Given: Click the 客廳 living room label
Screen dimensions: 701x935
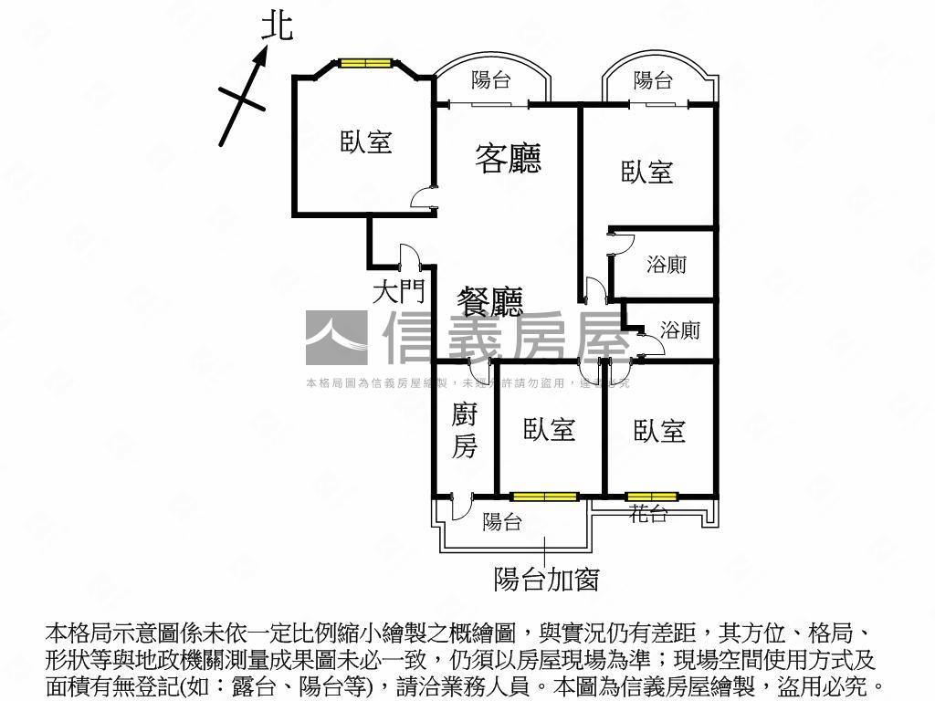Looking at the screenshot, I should click(509, 158).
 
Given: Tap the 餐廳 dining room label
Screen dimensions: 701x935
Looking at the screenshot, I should click(490, 301).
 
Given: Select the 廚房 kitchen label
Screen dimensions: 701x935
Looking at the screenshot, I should click(465, 431).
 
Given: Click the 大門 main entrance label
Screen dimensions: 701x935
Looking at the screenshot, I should click(399, 292).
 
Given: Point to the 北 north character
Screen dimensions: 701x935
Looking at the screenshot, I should click(278, 26).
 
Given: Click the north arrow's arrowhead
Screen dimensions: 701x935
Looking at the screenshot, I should click(261, 55).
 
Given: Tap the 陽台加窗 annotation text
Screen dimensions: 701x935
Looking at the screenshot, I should click(546, 579).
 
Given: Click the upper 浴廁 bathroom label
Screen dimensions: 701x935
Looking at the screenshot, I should click(667, 265).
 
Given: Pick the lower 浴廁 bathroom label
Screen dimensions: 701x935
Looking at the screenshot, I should click(679, 330).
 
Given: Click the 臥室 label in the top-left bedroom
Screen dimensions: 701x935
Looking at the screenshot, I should click(366, 141).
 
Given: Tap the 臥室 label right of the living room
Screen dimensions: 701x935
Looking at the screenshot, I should click(647, 172).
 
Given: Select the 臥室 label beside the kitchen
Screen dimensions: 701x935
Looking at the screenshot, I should click(550, 430).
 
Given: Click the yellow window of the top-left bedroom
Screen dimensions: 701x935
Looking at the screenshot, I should click(365, 63).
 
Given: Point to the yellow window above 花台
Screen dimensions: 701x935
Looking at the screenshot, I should click(652, 497).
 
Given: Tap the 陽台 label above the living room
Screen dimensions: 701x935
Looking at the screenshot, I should click(490, 80).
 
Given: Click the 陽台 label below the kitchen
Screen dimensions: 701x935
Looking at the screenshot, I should click(502, 522).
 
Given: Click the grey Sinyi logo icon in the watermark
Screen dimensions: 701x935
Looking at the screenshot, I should click(336, 339).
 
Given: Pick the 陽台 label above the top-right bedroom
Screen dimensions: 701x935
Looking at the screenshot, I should click(653, 80).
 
